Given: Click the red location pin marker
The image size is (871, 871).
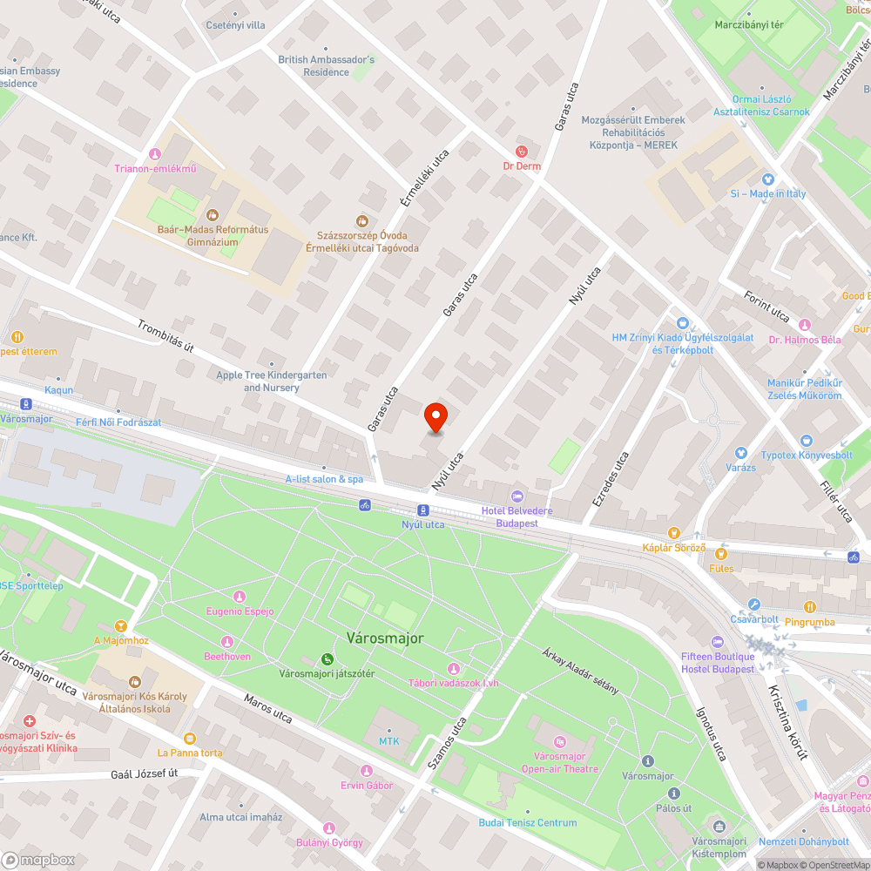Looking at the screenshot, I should pos(435,417).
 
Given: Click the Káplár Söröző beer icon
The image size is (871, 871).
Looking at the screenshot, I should pos(673,532).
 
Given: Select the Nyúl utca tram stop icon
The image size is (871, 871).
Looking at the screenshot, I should pos(422,510).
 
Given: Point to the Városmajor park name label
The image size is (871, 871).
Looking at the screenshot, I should pos(385,638).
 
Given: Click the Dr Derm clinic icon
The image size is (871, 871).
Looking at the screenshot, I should pos(522,151).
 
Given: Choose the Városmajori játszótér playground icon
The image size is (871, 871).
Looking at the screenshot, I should pos(327,658).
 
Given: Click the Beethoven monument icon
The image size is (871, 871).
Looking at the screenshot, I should pos(227,641).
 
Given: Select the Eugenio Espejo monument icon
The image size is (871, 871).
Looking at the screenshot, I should pos(240,597).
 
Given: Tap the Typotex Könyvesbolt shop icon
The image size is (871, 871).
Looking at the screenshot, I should pos(806,441).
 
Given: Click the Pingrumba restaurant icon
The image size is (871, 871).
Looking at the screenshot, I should pos(810,607).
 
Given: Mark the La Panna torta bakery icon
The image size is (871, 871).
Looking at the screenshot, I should pos(190,737).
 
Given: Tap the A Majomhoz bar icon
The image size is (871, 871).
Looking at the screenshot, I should pos(121,625).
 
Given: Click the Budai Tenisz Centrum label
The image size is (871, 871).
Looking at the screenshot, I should pos(527,822).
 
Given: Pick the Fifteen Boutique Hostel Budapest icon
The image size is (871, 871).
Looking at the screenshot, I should pos(718,641).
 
